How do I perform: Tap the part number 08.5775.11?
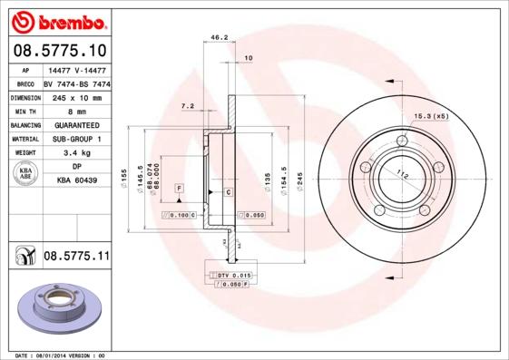click(x=76, y=258)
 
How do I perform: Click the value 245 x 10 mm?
click(x=76, y=97)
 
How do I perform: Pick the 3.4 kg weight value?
click(x=76, y=153)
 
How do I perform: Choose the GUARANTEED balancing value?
click(x=76, y=125)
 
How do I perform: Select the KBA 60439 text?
click(x=76, y=181)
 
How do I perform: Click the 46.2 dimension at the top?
click(x=219, y=38)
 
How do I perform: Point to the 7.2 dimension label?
click(x=188, y=106)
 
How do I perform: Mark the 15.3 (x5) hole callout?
click(x=432, y=116)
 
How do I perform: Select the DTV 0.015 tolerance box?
click(x=233, y=274)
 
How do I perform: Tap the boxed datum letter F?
click(x=180, y=187)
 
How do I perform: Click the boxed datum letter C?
click(x=228, y=193)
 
